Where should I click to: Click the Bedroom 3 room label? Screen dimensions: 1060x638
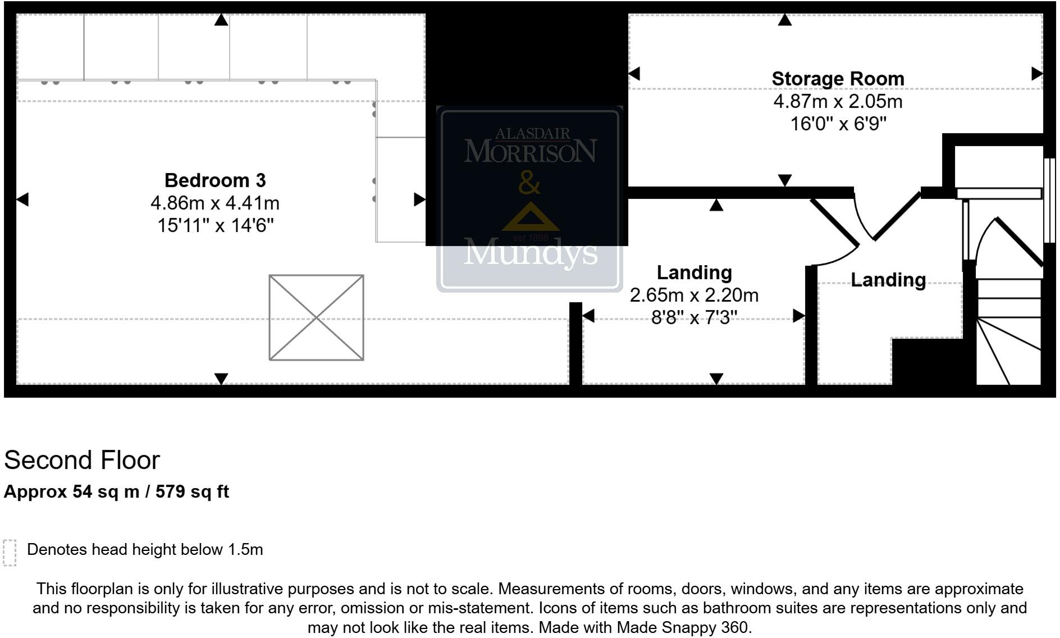point(215,180)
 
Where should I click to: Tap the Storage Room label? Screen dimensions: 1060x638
point(838,79)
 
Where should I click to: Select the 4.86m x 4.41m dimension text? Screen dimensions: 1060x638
point(215,203)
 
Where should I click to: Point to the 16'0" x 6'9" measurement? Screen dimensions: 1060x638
point(838,124)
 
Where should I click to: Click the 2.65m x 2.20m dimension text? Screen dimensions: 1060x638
point(694,295)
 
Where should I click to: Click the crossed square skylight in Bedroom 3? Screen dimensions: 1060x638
point(316,317)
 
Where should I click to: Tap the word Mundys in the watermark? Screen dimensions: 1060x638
point(530,253)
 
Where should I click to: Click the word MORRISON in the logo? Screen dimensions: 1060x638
point(530,152)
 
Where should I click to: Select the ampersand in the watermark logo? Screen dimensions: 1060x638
point(529,183)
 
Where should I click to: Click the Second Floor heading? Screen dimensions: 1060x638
point(82,460)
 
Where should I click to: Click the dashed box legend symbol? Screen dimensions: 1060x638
point(10,553)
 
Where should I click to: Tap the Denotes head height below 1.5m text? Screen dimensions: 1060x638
point(145,549)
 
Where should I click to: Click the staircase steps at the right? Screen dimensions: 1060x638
point(1009,337)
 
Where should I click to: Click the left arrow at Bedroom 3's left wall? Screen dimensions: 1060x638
point(22,199)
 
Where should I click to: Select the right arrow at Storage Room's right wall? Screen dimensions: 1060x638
point(1036,74)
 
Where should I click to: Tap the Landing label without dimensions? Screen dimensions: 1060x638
point(888,280)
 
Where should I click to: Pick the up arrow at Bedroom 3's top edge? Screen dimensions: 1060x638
point(221,20)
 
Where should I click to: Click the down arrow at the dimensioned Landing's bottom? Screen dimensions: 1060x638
point(716,379)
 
